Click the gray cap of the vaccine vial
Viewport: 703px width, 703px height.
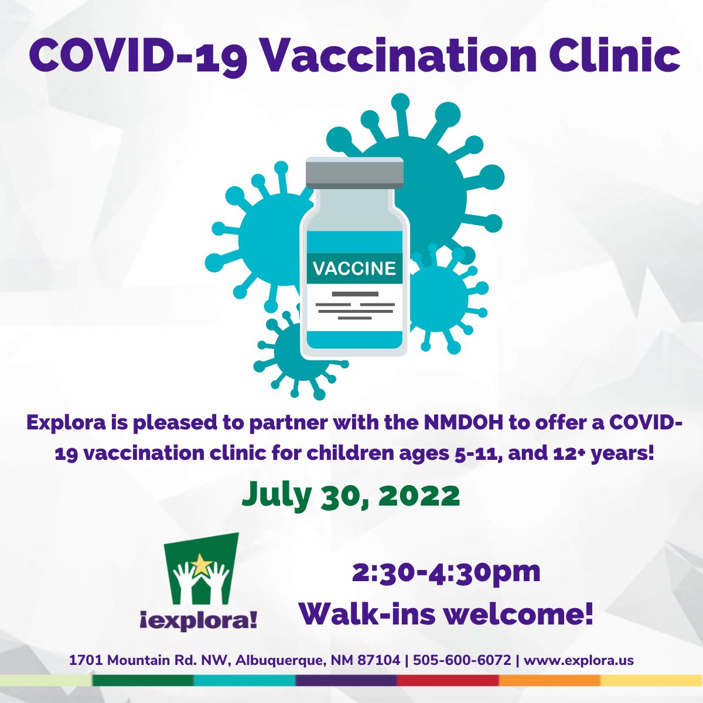point(354,173)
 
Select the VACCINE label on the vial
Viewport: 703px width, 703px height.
point(354,268)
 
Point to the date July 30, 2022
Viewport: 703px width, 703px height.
point(350,496)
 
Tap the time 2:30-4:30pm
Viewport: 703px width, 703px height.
point(446,572)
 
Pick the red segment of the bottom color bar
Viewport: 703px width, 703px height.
point(448,680)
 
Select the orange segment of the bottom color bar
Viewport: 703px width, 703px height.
point(550,680)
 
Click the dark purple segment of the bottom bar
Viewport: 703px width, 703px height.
point(346,680)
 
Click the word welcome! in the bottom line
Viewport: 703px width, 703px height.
point(518,615)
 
